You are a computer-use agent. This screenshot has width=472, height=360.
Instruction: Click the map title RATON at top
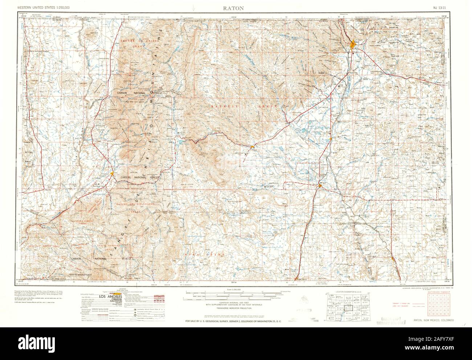coord(236,8)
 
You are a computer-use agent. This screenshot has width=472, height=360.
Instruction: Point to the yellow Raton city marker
coord(353,44)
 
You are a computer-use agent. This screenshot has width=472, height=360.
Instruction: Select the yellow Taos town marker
coord(113,174)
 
